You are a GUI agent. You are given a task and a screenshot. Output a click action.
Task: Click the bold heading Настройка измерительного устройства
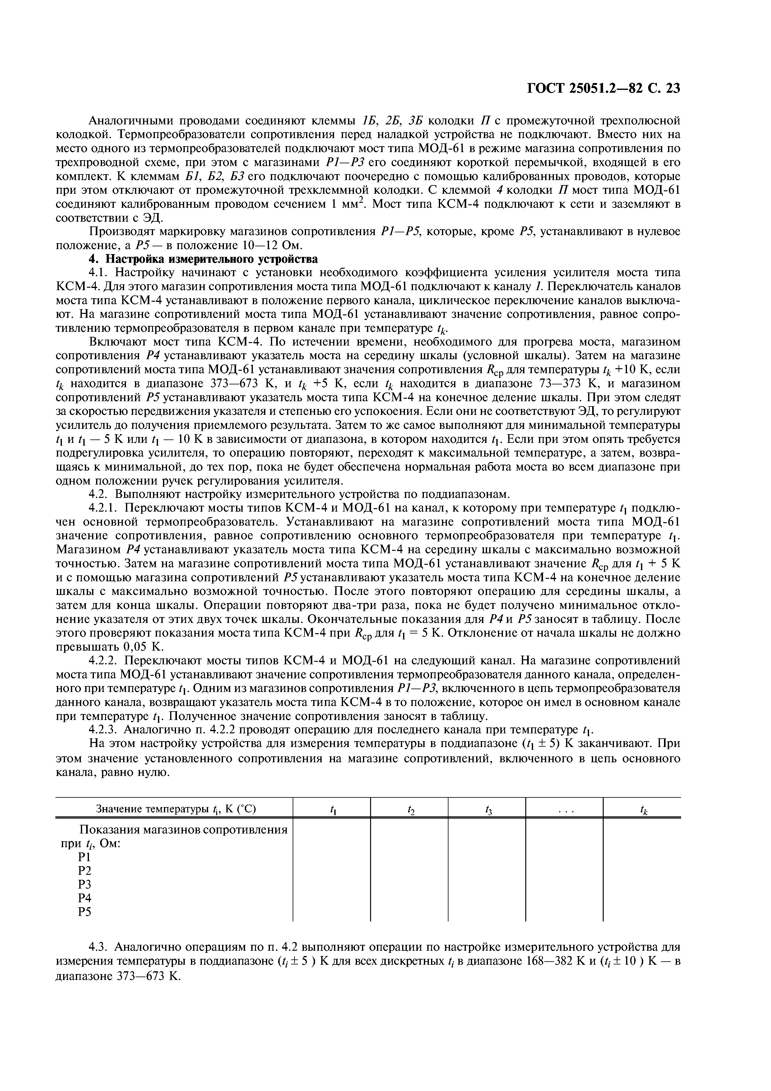[211, 259]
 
